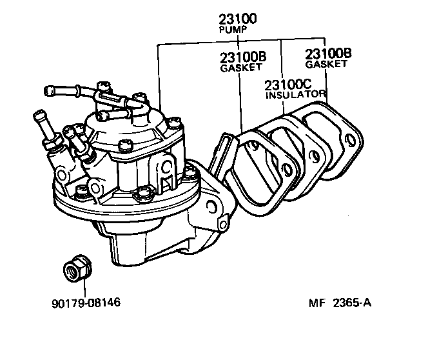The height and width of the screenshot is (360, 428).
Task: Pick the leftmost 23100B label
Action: pos(243,57)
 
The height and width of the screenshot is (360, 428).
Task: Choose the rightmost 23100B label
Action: pos(327,54)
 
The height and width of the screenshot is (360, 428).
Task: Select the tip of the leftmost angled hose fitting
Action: pos(38,117)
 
